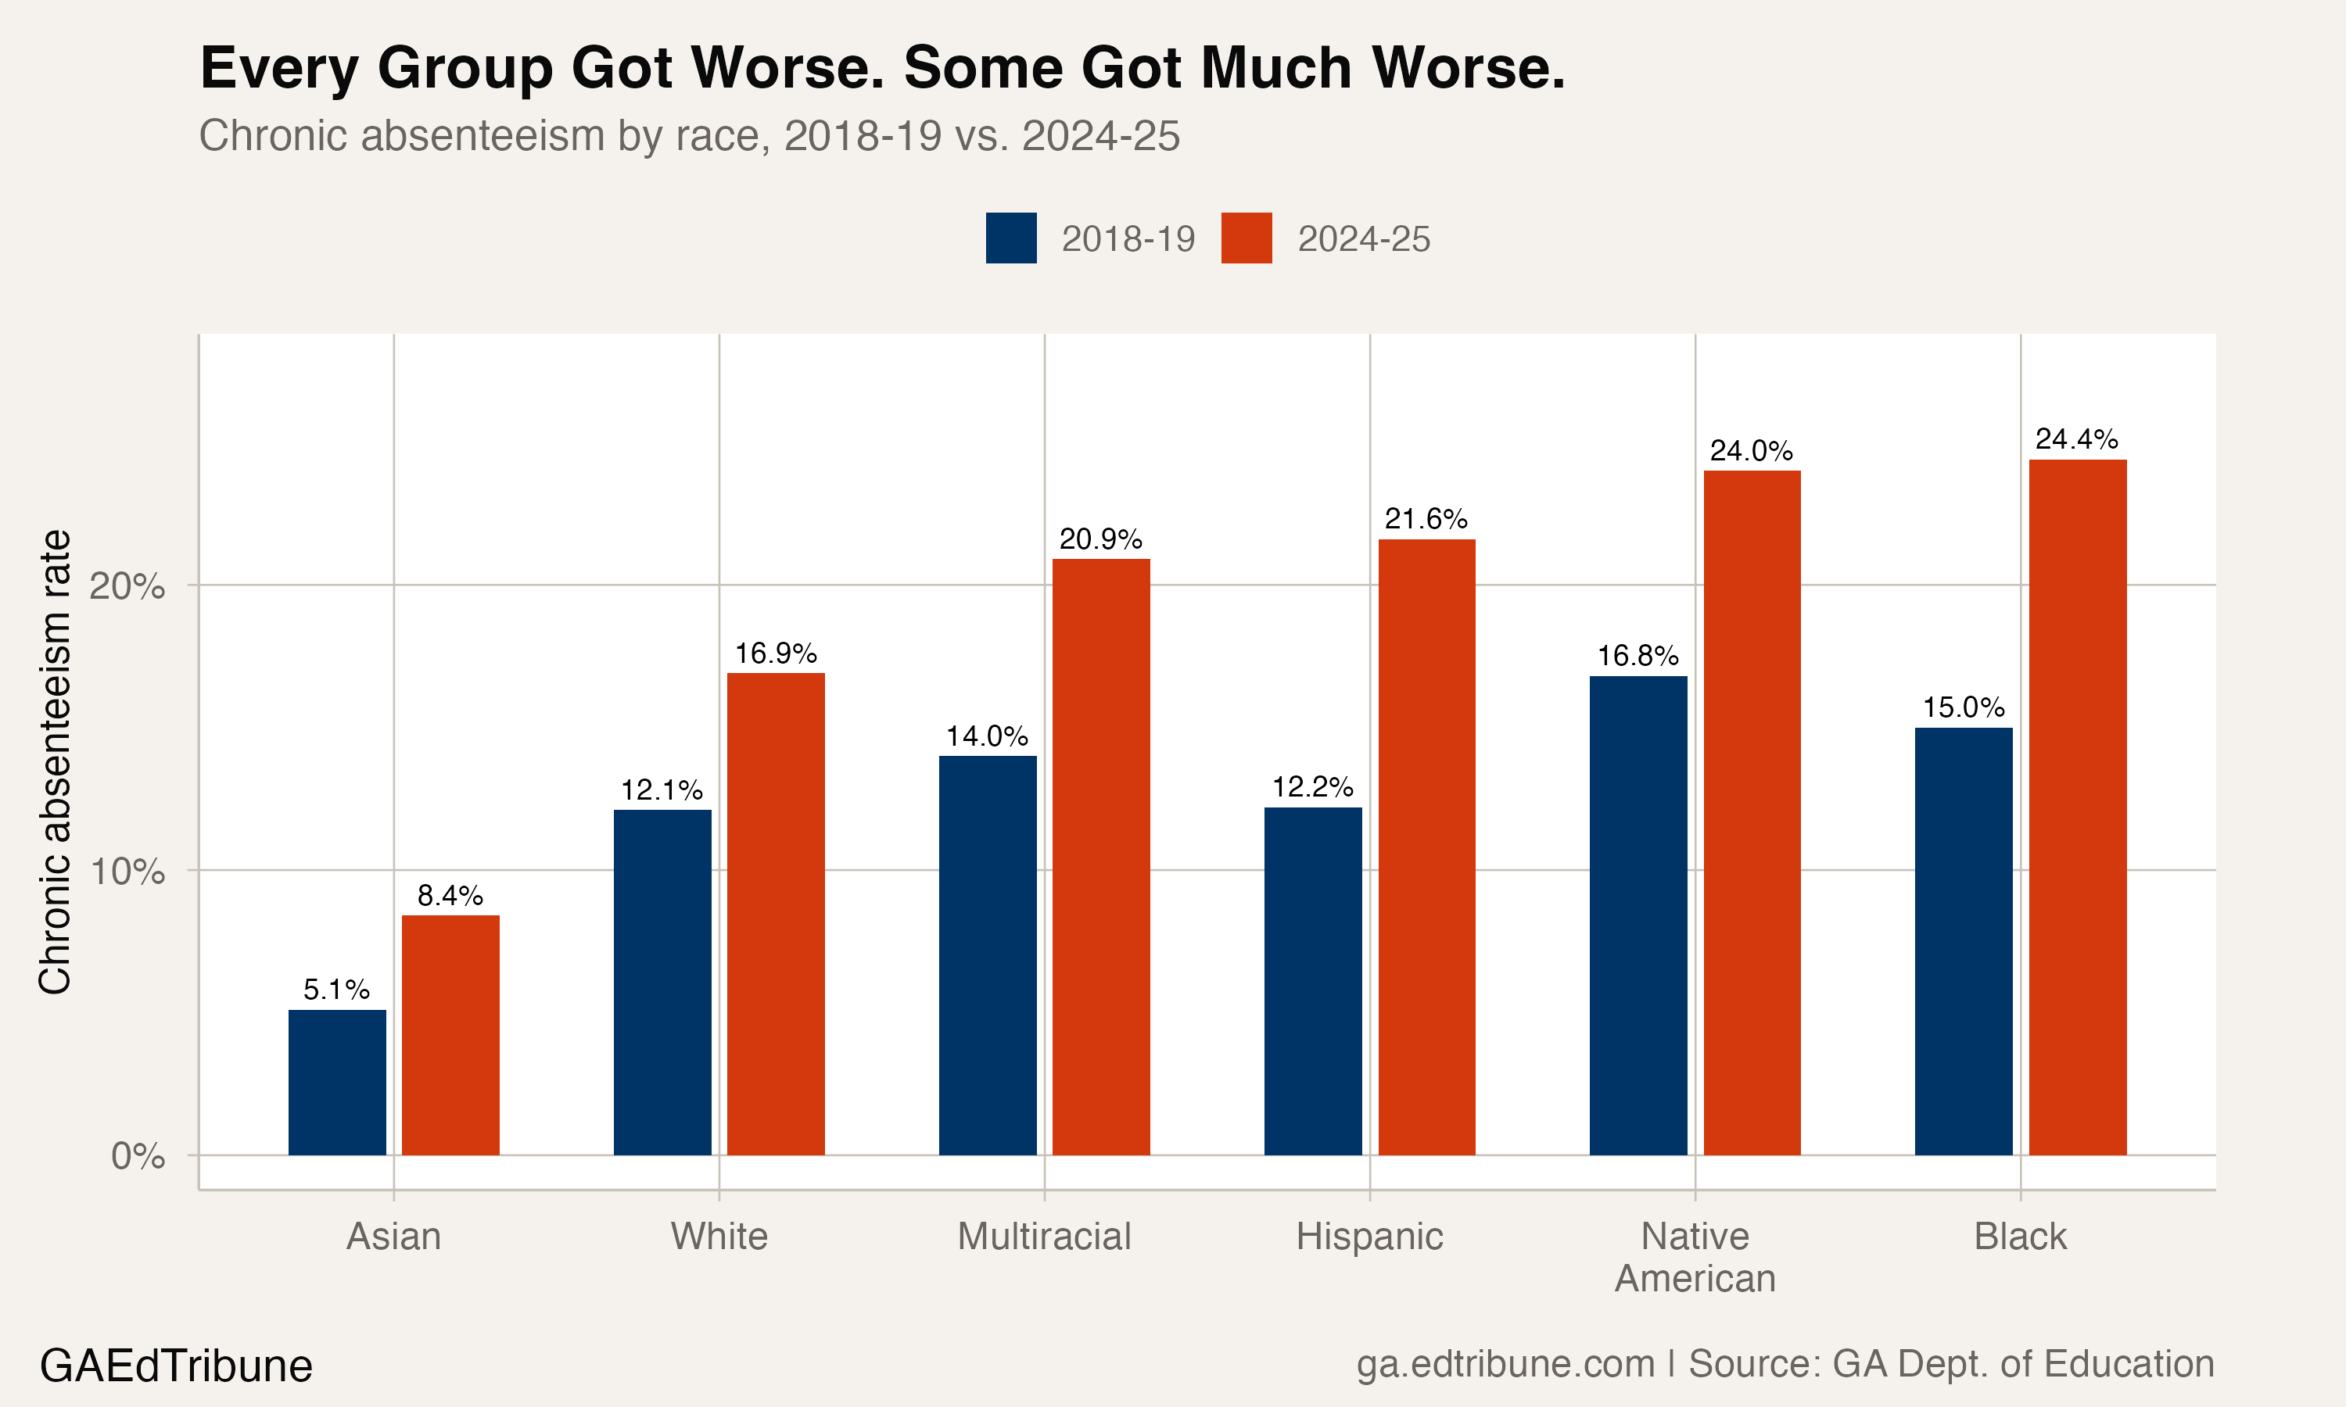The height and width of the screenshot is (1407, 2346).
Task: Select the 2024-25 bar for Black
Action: [2077, 807]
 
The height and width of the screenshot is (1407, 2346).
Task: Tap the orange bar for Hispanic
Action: [1426, 847]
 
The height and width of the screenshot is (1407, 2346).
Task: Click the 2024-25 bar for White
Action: [776, 913]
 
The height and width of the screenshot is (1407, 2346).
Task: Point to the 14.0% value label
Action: [987, 736]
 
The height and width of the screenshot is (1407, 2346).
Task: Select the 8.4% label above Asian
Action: [450, 895]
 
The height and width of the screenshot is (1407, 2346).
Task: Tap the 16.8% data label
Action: [1638, 655]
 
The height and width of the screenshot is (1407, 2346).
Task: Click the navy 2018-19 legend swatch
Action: [1011, 238]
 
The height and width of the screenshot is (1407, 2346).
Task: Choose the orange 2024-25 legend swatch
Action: [1246, 238]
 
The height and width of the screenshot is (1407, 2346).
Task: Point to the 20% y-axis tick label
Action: [127, 586]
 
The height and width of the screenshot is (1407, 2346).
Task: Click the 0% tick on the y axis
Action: [138, 1156]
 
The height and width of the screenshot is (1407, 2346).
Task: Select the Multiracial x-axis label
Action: [1044, 1237]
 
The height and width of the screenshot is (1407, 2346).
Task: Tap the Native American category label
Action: [1695, 1257]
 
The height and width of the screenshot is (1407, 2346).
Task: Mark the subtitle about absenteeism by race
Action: [688, 135]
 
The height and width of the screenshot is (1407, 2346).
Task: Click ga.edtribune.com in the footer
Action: [1505, 1363]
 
